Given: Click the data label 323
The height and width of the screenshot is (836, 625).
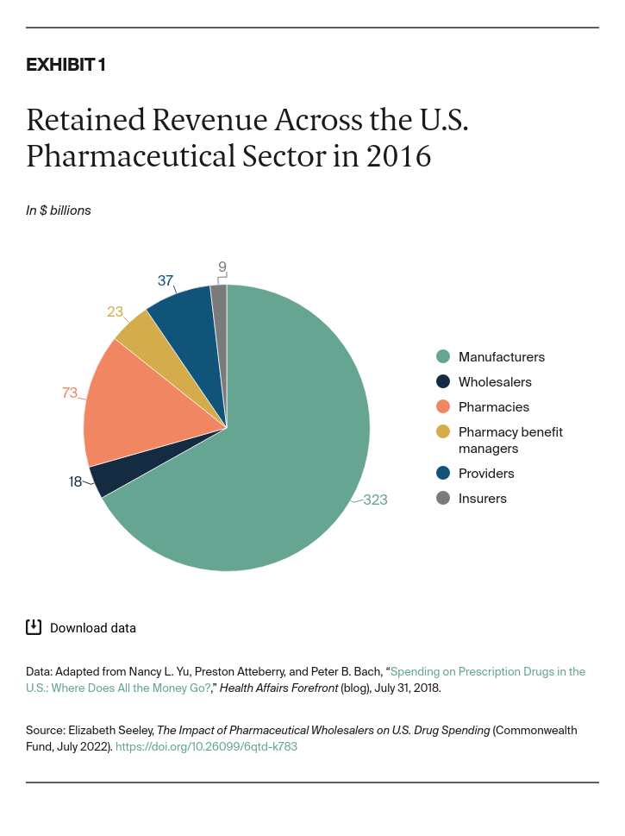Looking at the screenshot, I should pyautogui.click(x=375, y=500).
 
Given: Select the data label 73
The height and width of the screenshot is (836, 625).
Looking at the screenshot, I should pyautogui.click(x=70, y=393).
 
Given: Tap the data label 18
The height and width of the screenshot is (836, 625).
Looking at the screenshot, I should pyautogui.click(x=76, y=481).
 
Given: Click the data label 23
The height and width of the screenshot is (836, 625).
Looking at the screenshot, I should pyautogui.click(x=116, y=311).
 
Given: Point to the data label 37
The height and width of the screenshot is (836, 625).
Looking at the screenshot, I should pyautogui.click(x=166, y=280).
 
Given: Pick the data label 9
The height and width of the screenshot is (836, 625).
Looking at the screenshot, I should pyautogui.click(x=222, y=267).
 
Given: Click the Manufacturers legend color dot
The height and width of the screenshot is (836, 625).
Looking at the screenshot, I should pyautogui.click(x=443, y=357).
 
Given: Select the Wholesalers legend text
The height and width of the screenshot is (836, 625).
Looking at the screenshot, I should pyautogui.click(x=495, y=382).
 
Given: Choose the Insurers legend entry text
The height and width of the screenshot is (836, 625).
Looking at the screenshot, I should pyautogui.click(x=483, y=499).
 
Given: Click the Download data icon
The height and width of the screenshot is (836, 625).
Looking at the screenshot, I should pyautogui.click(x=34, y=627).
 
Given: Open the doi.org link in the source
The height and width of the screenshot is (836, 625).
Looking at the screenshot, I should pyautogui.click(x=206, y=746).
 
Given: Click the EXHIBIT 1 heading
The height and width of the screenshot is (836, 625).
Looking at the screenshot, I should pyautogui.click(x=66, y=66).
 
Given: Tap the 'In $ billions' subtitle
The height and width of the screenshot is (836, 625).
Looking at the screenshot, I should pyautogui.click(x=59, y=210).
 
